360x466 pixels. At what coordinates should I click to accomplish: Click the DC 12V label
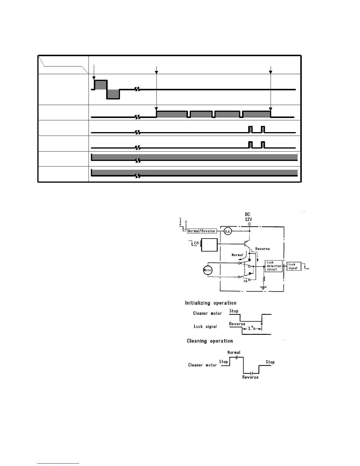pos(249,217)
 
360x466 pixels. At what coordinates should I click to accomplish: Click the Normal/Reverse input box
pos(202,231)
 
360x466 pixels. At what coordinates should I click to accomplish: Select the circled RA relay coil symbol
pos(228,232)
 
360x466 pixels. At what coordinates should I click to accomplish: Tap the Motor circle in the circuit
pos(208,270)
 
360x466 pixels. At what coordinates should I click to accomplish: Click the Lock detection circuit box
pos(274,266)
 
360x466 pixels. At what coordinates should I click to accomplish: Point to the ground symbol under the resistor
pos(264,287)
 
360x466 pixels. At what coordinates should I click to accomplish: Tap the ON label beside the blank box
pos(196,243)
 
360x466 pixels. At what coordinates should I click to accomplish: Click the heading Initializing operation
pos(211,303)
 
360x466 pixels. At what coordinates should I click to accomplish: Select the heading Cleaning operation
pos(210,341)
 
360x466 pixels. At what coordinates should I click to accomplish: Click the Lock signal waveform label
pos(205,327)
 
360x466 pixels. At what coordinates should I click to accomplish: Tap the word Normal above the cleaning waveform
pos(234,352)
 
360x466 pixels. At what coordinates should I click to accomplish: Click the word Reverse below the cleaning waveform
pos(250,377)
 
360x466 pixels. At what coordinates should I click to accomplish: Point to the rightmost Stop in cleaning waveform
pos(270,362)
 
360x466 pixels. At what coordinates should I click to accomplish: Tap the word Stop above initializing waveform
pos(234,311)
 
